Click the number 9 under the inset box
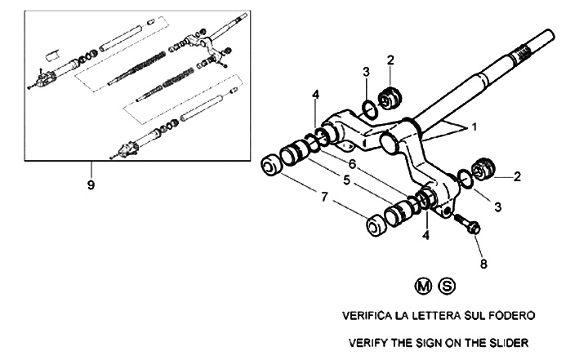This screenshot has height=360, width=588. pos(91,185)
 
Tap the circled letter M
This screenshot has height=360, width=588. pos(422,286)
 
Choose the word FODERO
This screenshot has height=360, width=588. pos(512,314)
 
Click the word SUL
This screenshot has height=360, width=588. pos(474,314)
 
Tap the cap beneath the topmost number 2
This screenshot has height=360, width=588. pos(390,96)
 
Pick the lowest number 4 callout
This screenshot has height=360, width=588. pos(425,235)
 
